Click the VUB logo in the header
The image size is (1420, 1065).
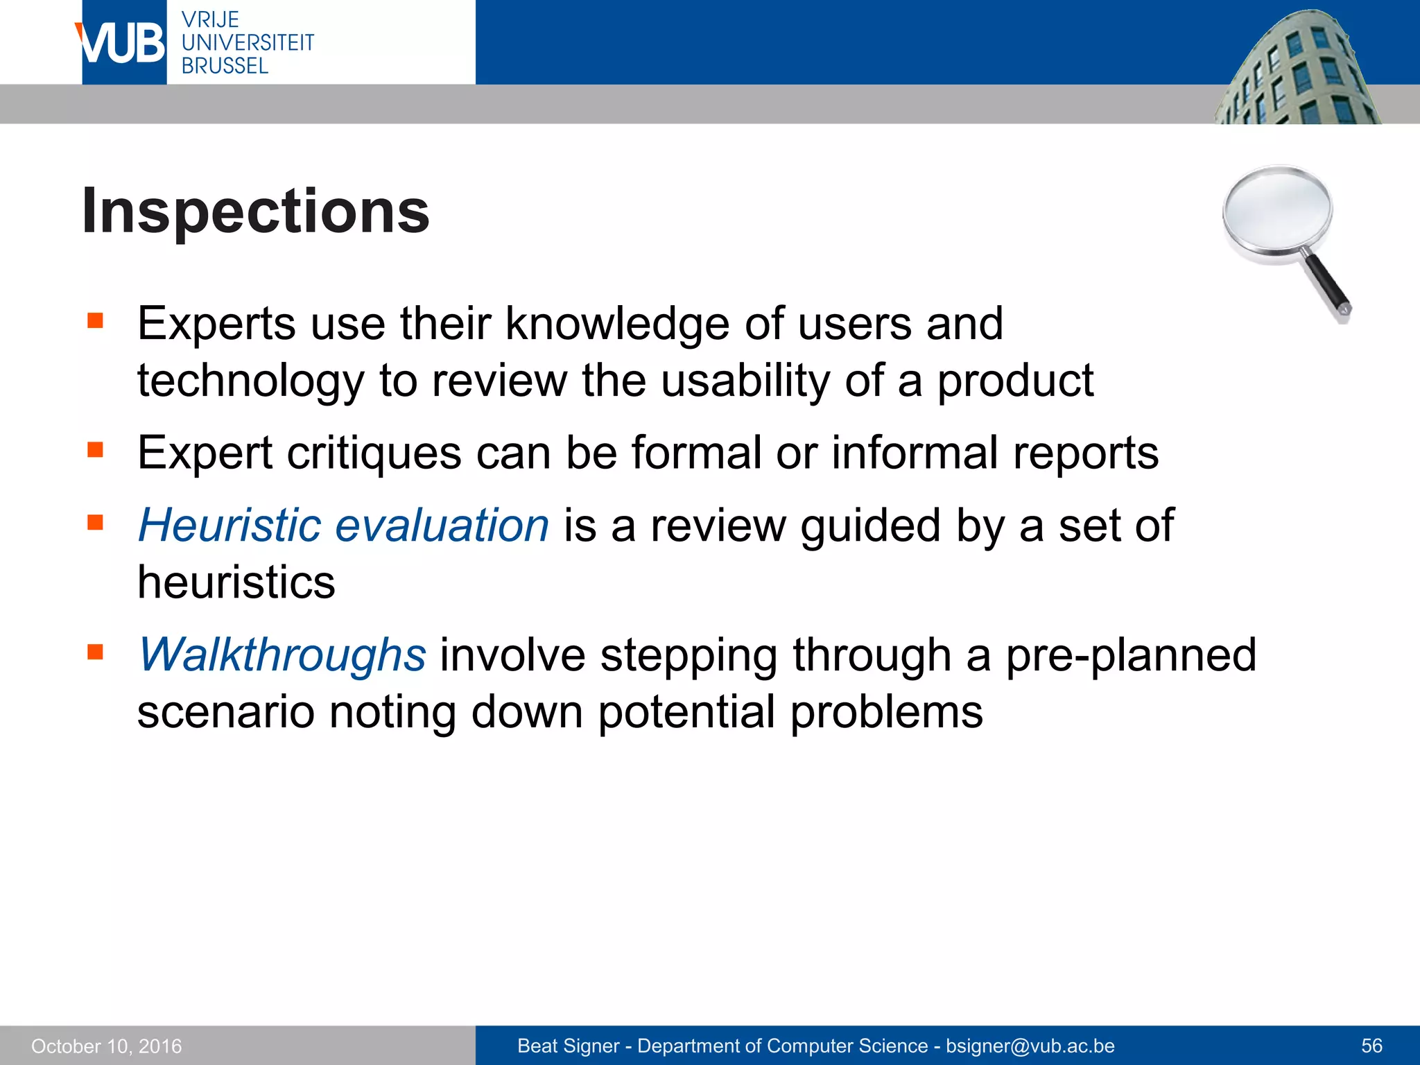point(122,43)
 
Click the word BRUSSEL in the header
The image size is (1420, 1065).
point(225,67)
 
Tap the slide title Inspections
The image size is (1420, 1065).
point(255,211)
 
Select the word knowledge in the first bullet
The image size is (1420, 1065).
point(617,324)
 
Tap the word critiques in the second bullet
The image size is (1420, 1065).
point(374,453)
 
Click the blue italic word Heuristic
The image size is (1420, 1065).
point(229,525)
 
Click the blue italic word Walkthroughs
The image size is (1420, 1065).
point(282,655)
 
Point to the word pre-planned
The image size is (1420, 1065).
point(1130,655)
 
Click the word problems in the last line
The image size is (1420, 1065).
point(886,712)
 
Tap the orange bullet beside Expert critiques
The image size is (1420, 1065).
point(95,450)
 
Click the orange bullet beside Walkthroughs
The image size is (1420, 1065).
point(95,652)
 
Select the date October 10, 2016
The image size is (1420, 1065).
point(106,1046)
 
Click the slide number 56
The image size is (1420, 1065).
point(1371,1046)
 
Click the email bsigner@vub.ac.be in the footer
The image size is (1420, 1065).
point(1030,1046)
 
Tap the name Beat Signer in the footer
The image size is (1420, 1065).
point(568,1046)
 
